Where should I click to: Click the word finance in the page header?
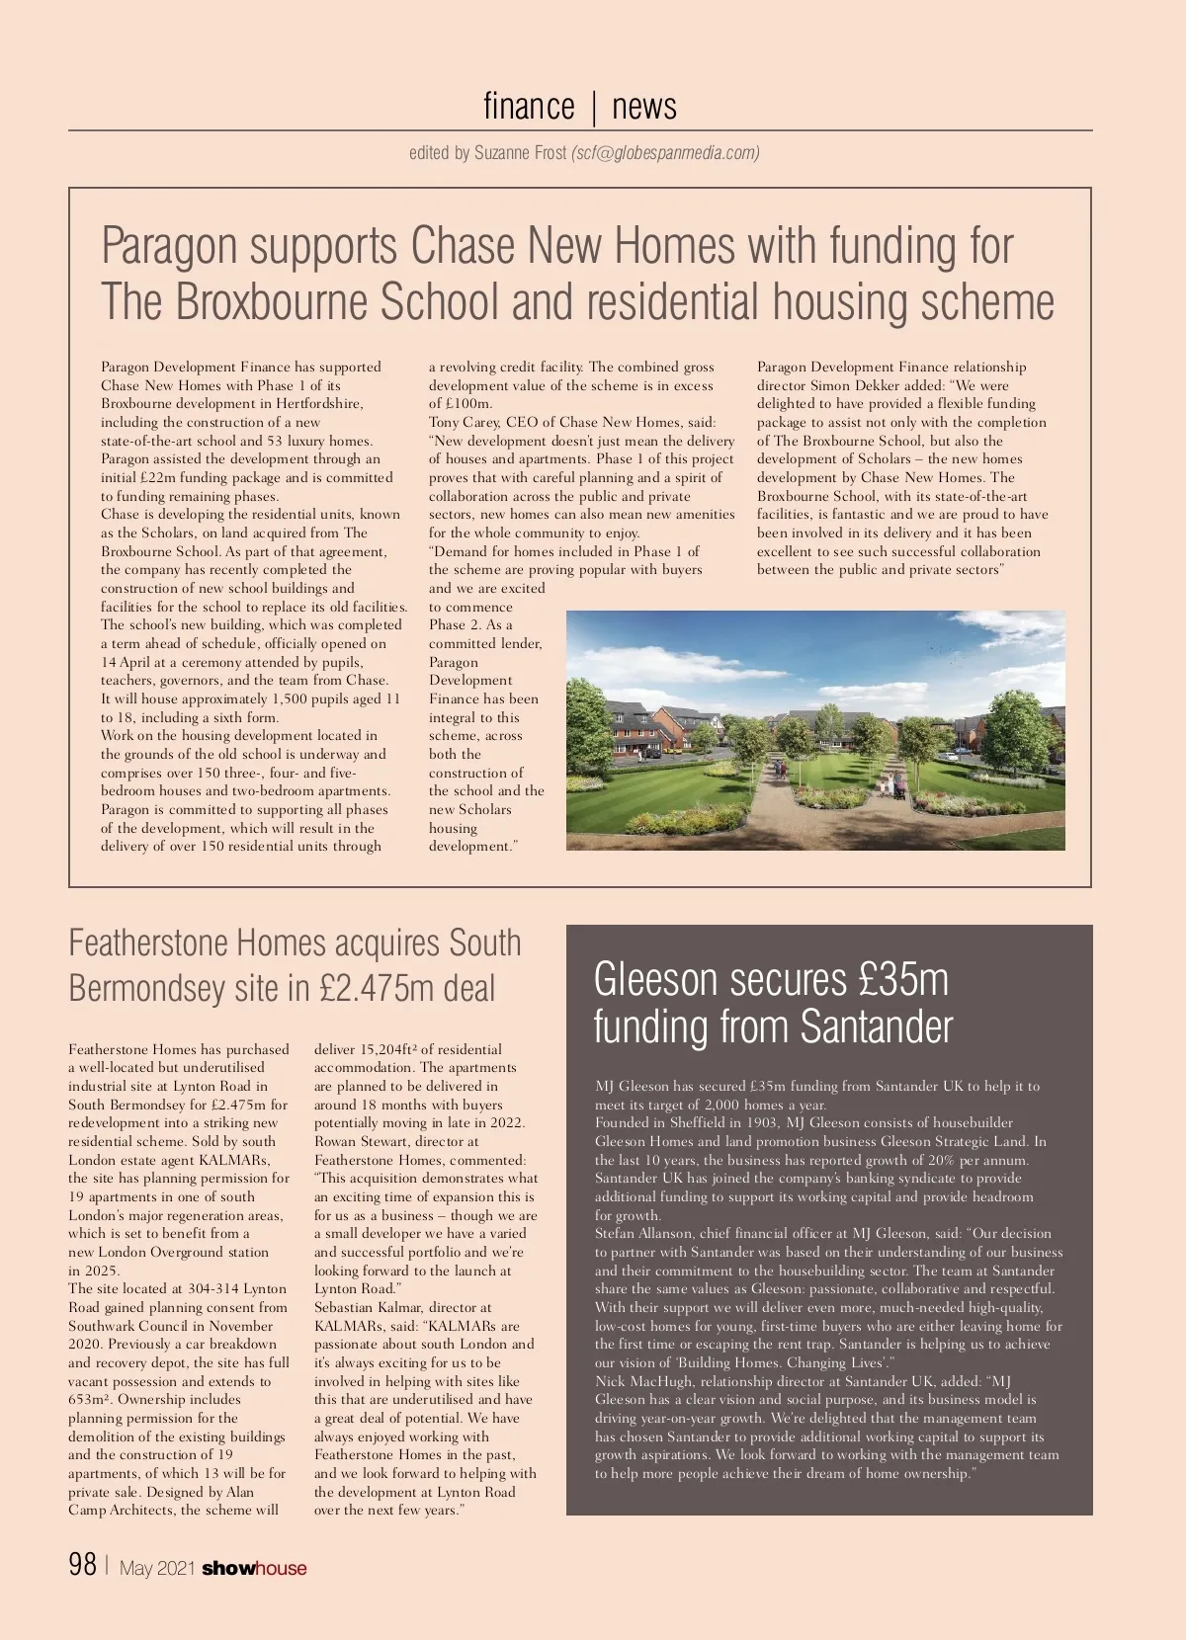(x=529, y=106)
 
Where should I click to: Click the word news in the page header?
(x=644, y=106)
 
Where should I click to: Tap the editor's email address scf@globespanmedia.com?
(x=666, y=153)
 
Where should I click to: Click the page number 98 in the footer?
(x=83, y=1565)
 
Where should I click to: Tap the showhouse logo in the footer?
(x=254, y=1568)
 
